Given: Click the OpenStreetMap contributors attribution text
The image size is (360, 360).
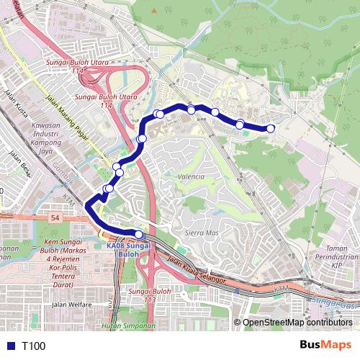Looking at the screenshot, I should [297, 322].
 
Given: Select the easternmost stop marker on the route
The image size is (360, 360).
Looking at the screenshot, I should [271, 128].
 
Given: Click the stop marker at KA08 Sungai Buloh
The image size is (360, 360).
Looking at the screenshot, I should [139, 234].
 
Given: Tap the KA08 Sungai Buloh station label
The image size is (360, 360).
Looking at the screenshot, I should [127, 250].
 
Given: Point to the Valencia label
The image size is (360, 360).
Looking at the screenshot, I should [191, 176].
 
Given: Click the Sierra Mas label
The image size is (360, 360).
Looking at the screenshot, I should [202, 233].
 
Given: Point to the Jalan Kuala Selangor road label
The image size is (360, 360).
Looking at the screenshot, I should [197, 270].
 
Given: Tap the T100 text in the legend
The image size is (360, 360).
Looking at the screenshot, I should [33, 346].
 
